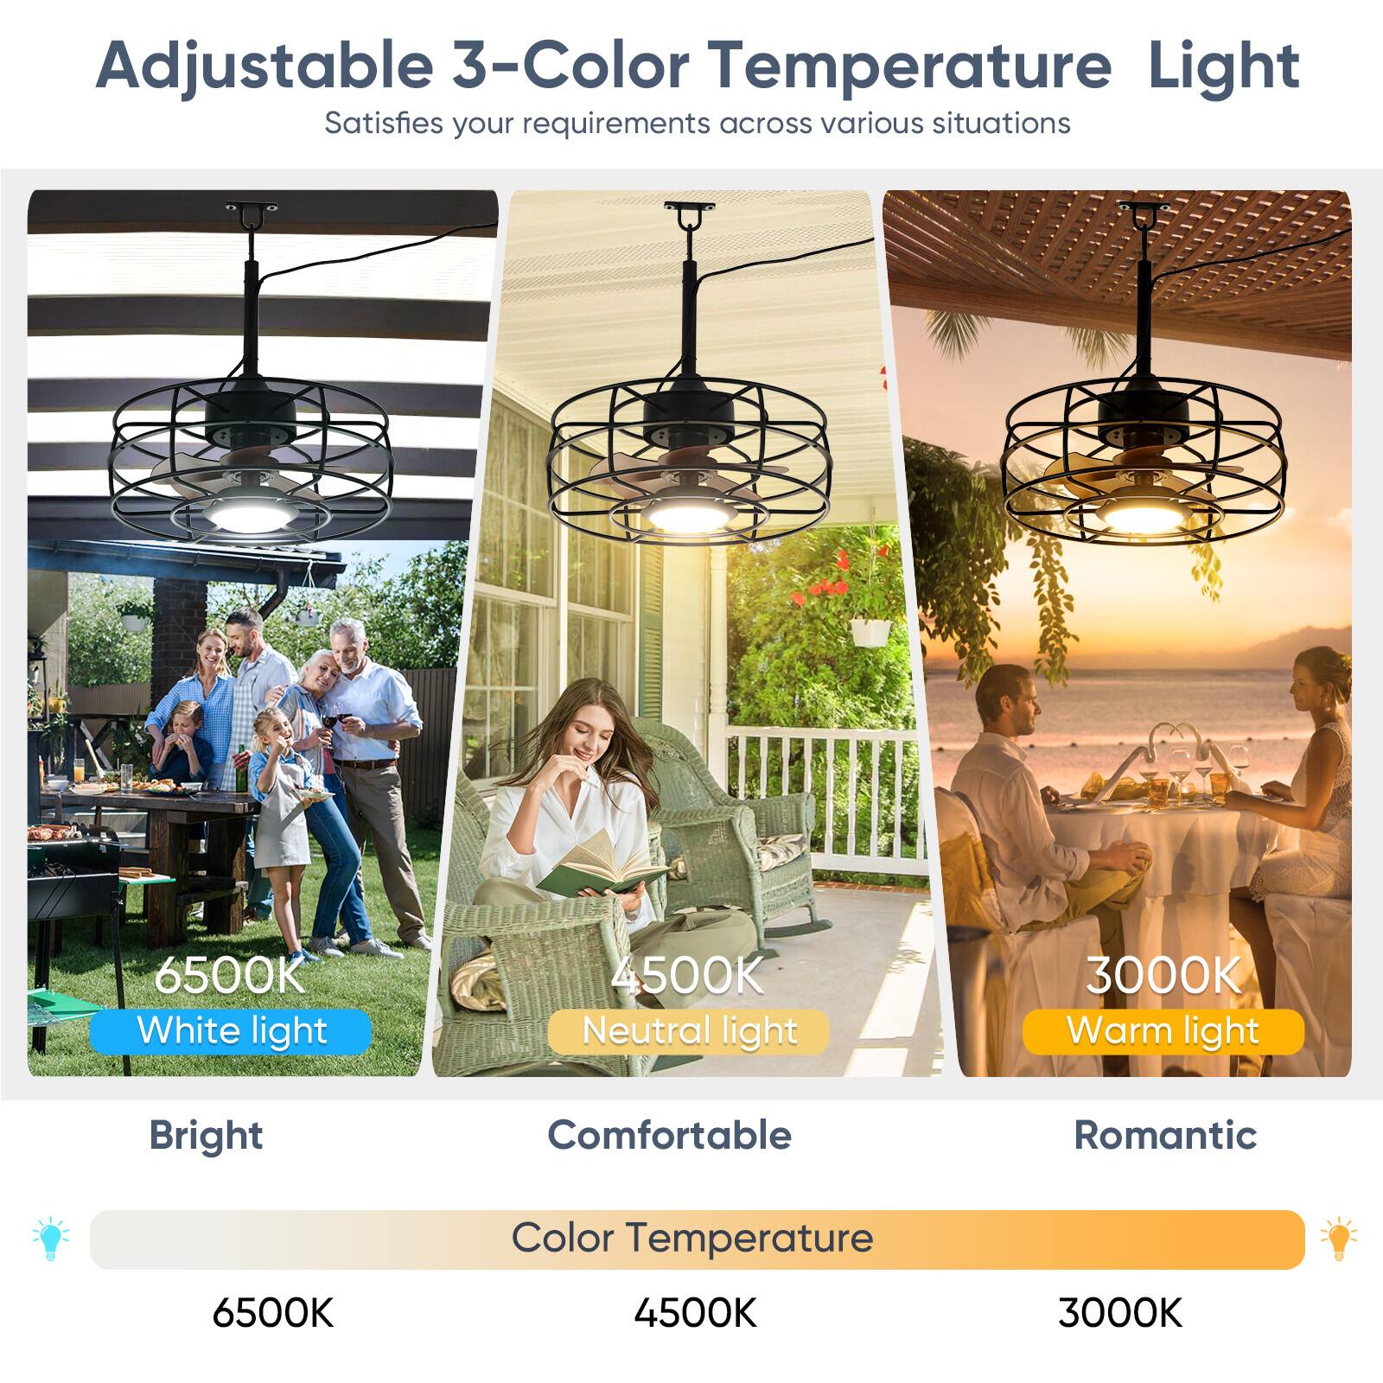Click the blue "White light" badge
[231, 1031]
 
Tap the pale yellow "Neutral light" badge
[689, 1031]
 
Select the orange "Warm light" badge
[1163, 1031]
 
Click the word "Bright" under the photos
[206, 1135]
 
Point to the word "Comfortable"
[669, 1135]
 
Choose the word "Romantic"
[1164, 1135]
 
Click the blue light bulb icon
[51, 1239]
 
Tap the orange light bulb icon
[1338, 1239]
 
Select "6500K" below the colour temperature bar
[272, 1313]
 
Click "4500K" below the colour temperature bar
[695, 1313]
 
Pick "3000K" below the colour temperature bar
[1119, 1313]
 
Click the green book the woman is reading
[596, 869]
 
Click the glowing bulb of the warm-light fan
[1141, 516]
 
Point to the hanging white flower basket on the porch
[870, 632]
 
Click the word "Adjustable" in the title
[264, 66]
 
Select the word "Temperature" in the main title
[909, 66]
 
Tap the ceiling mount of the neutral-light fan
[689, 207]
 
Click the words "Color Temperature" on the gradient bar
[691, 1238]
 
